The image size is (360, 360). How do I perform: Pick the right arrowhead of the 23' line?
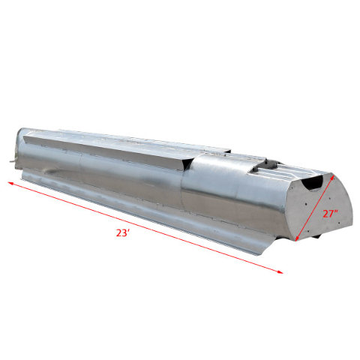pos(282,274)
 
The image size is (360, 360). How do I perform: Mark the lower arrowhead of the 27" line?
pos(298,239)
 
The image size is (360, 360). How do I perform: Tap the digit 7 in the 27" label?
pos(329,213)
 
